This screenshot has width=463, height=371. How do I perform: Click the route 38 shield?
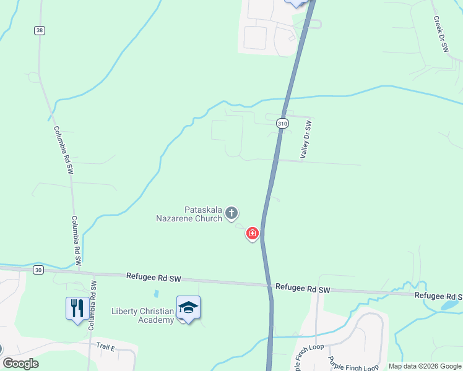pos(40,30)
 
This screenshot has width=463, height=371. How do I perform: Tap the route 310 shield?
pos(283,124)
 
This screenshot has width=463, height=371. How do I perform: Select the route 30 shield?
pos(39,270)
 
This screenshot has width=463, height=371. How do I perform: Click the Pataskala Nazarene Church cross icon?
pos(231,214)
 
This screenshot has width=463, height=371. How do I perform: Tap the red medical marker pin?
pos(253,233)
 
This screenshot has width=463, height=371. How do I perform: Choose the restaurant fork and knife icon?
pos(77,307)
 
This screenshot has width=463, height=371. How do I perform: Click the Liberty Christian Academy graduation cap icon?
pos(188,307)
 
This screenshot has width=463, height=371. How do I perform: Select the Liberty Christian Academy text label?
pos(143,315)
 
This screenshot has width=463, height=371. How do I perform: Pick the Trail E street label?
pos(106,348)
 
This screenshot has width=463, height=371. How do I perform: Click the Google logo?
pos(21,364)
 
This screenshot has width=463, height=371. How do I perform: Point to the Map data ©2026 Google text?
pos(425,366)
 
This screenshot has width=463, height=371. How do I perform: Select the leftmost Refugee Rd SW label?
pos(153,278)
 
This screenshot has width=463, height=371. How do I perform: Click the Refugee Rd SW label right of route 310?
pos(303,288)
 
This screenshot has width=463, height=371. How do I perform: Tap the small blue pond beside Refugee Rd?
pos(450,305)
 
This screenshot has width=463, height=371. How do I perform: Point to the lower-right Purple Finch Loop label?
pos(353,365)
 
